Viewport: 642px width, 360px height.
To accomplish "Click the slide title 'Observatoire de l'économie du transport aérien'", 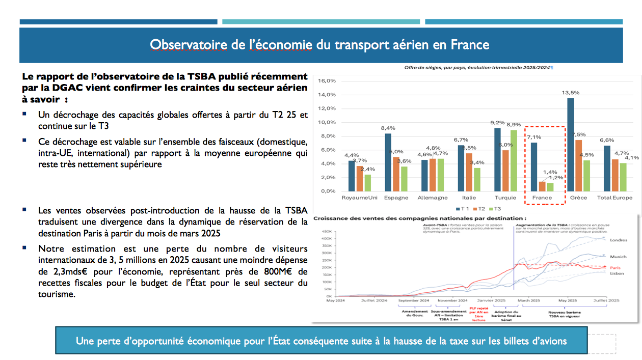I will (x=319, y=45).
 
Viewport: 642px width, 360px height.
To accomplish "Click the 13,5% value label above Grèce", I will (x=570, y=93).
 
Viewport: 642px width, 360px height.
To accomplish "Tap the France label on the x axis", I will (x=542, y=198).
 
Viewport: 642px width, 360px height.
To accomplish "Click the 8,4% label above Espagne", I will (x=388, y=128).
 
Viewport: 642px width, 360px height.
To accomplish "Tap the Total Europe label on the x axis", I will (x=614, y=198).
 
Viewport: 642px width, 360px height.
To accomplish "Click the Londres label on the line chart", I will (x=618, y=240).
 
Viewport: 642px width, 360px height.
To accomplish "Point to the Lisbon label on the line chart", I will (x=617, y=273).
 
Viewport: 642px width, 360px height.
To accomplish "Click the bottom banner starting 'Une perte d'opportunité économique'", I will (x=321, y=341).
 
